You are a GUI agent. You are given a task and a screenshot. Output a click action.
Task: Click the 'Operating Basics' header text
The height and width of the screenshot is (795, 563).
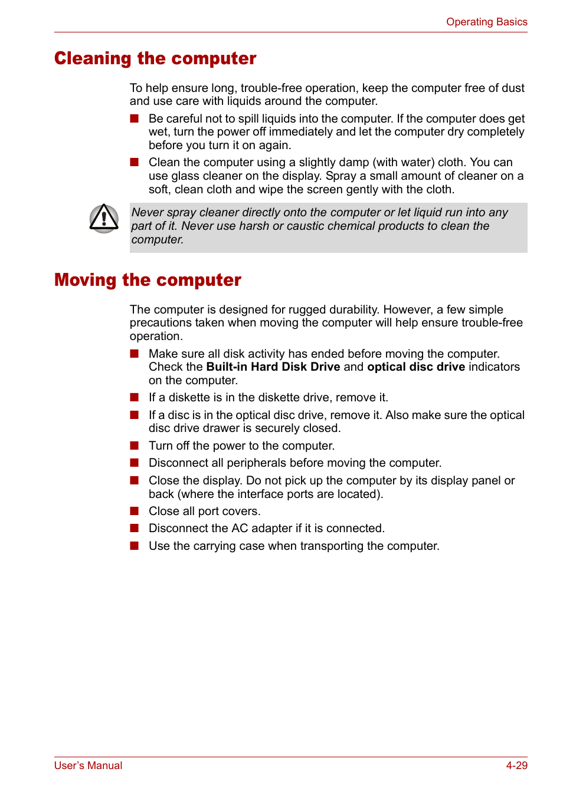(x=486, y=22)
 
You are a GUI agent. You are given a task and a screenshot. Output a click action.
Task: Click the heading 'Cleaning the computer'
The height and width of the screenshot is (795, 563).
(x=155, y=58)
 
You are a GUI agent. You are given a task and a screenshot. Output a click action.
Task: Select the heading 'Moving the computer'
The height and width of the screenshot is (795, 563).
(x=148, y=280)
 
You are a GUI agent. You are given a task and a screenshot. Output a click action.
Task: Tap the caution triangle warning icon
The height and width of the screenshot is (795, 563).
(x=104, y=219)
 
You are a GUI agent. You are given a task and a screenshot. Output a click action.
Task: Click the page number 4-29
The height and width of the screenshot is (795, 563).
(x=516, y=766)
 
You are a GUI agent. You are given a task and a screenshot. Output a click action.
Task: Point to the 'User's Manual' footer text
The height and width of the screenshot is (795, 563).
(x=88, y=766)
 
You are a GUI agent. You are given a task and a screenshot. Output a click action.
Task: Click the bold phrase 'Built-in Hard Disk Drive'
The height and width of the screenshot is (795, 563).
(x=273, y=367)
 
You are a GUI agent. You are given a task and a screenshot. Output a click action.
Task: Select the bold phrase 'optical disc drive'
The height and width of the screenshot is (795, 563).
(x=415, y=367)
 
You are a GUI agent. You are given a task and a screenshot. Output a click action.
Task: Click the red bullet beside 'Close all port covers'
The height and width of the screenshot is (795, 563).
(x=135, y=511)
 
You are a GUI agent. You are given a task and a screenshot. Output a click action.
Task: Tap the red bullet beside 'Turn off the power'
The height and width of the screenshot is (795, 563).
(x=135, y=446)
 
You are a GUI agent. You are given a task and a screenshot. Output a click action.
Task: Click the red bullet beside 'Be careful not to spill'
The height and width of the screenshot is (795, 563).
(x=135, y=118)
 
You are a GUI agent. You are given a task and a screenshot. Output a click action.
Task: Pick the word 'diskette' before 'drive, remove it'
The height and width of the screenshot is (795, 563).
(x=260, y=398)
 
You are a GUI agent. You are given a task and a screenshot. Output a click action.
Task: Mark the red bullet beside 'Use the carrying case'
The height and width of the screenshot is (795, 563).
(x=135, y=546)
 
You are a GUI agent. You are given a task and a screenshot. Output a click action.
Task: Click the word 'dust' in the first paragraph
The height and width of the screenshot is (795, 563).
(x=513, y=88)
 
